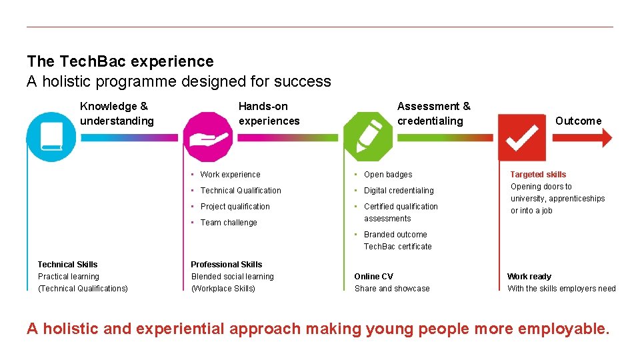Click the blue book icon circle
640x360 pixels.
[x=51, y=137]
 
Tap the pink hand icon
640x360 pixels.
[x=208, y=137]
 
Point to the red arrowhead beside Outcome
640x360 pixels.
[x=606, y=137]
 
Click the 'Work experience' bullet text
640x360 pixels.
[x=230, y=175]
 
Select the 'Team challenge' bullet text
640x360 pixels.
[x=229, y=223]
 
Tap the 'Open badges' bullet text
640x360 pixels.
[x=388, y=175]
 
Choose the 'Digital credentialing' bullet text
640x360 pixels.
[x=399, y=191]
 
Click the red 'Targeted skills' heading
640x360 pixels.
[x=538, y=175]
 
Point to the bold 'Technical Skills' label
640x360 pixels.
[x=67, y=265]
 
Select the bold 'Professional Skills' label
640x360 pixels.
[x=227, y=265]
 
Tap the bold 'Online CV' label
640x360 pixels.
[x=373, y=277]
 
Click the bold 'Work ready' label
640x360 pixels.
[x=529, y=277]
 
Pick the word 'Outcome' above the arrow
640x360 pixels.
[x=578, y=121]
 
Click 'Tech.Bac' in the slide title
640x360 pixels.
[x=93, y=62]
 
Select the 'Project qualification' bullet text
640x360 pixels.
[x=235, y=207]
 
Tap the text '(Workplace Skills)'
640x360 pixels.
[x=223, y=289]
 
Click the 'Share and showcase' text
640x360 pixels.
[x=392, y=289]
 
